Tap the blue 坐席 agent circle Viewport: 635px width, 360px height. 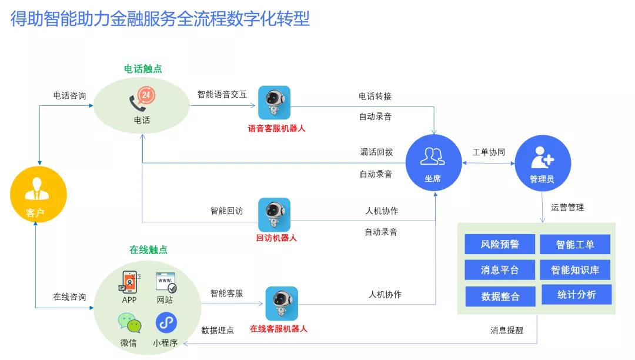(433, 162)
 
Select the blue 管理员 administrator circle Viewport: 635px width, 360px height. (542, 162)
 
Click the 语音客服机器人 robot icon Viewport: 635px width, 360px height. (274, 103)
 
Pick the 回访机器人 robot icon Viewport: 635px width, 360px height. (274, 214)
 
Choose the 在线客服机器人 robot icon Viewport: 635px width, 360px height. (281, 304)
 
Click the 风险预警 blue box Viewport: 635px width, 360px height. (500, 244)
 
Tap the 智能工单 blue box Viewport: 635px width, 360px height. (575, 245)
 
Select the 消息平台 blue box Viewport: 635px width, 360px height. (500, 270)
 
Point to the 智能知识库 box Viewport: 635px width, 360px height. (575, 270)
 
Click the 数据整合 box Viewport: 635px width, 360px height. (500, 296)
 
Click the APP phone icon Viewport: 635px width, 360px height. (129, 282)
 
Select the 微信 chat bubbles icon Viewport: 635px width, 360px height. (129, 323)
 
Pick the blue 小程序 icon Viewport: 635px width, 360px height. (166, 322)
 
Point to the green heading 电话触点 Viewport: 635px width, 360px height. (143, 69)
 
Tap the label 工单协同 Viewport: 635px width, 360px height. (489, 152)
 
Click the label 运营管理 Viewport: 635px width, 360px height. (567, 207)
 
